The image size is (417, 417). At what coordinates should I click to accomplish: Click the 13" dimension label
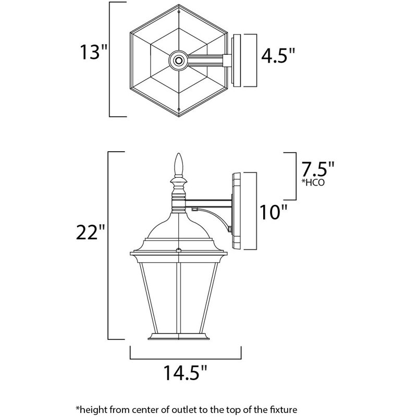pos(92,53)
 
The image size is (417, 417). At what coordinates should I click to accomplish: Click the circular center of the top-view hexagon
pos(179,60)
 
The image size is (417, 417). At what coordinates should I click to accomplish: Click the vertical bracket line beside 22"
pos(109,245)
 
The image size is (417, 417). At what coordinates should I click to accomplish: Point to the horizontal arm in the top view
pos(206,60)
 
